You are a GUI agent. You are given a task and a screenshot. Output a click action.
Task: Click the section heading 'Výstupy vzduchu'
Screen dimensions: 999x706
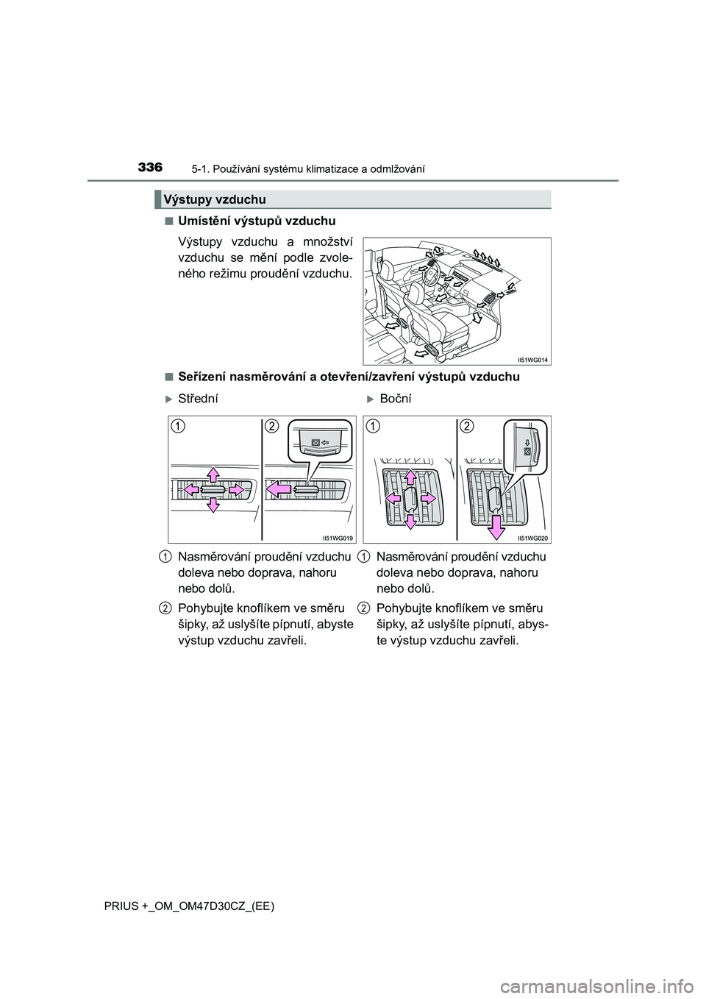coord(215,199)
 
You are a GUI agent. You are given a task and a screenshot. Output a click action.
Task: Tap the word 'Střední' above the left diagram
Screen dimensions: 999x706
coord(198,398)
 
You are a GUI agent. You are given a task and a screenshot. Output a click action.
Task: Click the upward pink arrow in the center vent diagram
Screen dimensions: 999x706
coord(213,474)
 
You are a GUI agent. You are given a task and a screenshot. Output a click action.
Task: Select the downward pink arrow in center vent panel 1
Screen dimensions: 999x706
coord(213,504)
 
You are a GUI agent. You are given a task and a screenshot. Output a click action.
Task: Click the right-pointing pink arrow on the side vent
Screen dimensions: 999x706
coord(425,498)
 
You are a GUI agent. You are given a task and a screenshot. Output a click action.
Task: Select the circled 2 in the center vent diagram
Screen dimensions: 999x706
coord(272,426)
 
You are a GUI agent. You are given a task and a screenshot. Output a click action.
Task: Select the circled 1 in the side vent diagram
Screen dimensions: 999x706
coord(374,426)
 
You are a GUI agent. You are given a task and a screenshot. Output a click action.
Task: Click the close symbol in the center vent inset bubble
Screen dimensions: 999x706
coord(315,444)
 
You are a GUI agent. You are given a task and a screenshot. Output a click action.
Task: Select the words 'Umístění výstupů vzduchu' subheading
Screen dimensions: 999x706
coord(257,221)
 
